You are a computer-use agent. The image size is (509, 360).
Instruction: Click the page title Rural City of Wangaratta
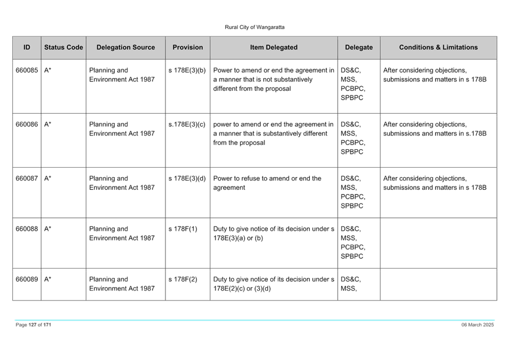(x=254, y=27)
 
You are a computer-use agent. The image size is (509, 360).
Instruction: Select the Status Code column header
(x=63, y=47)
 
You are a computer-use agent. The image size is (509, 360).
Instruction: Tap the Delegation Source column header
(x=126, y=47)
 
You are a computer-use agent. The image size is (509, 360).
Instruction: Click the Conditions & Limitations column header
(x=438, y=47)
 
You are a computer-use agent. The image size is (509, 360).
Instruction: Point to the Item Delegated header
(x=274, y=47)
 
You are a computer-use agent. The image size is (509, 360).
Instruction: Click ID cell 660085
(x=27, y=70)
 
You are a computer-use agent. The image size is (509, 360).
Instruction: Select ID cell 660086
(x=27, y=124)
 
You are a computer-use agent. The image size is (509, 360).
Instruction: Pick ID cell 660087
(x=27, y=178)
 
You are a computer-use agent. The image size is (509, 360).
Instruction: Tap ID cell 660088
(x=27, y=229)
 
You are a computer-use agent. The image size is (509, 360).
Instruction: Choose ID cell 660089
(x=27, y=280)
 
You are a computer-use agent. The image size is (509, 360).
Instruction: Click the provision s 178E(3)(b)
(x=187, y=70)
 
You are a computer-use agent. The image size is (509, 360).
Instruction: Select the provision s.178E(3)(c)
(x=187, y=124)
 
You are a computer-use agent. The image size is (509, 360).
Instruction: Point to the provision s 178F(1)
(x=183, y=229)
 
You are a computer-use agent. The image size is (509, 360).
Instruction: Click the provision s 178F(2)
(x=183, y=280)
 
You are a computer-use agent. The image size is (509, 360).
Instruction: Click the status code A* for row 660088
(x=48, y=229)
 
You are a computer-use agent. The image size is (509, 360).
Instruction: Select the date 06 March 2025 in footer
(x=478, y=324)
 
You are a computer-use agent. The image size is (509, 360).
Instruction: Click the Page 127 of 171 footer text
(x=33, y=324)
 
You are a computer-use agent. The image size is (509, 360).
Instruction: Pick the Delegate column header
(x=359, y=47)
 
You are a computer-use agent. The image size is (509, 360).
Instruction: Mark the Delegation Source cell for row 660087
(x=122, y=183)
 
